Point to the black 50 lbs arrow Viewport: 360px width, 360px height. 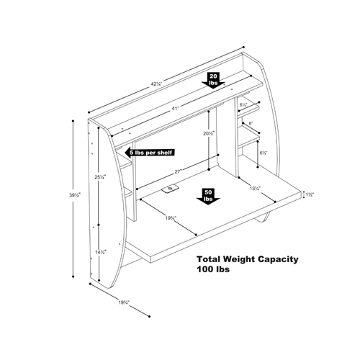(x=207, y=197)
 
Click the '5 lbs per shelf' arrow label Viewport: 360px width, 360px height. (x=150, y=153)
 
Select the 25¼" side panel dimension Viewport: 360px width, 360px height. (x=100, y=176)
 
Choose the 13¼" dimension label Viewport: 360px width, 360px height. (x=255, y=189)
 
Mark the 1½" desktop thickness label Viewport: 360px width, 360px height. (x=309, y=194)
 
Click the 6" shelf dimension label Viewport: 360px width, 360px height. (x=251, y=124)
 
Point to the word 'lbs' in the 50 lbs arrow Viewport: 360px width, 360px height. (x=207, y=198)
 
